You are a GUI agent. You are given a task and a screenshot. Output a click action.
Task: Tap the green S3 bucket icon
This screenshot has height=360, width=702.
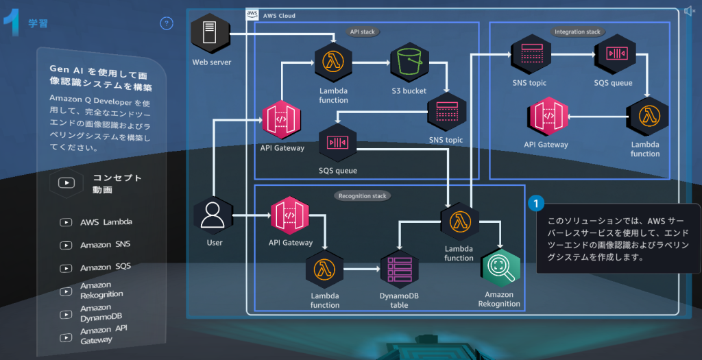click(409, 64)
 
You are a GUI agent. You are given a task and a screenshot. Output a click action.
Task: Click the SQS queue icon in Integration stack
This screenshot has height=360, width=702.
click(613, 53)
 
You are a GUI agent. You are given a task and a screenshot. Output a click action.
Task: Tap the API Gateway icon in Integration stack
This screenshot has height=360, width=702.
click(546, 116)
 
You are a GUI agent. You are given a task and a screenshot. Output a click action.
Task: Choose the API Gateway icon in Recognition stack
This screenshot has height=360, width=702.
click(290, 215)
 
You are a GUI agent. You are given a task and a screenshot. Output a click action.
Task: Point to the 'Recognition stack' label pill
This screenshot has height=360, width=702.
click(363, 195)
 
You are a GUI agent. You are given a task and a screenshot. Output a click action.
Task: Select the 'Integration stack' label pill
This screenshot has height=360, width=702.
click(577, 32)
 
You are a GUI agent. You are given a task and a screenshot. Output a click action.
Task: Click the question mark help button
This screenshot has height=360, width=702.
click(167, 23)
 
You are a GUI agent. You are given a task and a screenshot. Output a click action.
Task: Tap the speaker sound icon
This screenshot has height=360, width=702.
click(689, 10)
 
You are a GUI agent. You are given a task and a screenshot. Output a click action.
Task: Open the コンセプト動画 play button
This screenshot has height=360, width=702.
click(66, 183)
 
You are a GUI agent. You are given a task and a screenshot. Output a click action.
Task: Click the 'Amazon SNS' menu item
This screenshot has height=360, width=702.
click(105, 245)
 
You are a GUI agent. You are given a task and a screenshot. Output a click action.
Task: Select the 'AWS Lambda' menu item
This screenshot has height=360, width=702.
click(106, 222)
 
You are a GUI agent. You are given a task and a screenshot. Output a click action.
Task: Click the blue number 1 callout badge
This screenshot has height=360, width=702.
click(536, 204)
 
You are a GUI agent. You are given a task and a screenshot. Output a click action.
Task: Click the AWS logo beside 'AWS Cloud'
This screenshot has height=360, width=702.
click(252, 14)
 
